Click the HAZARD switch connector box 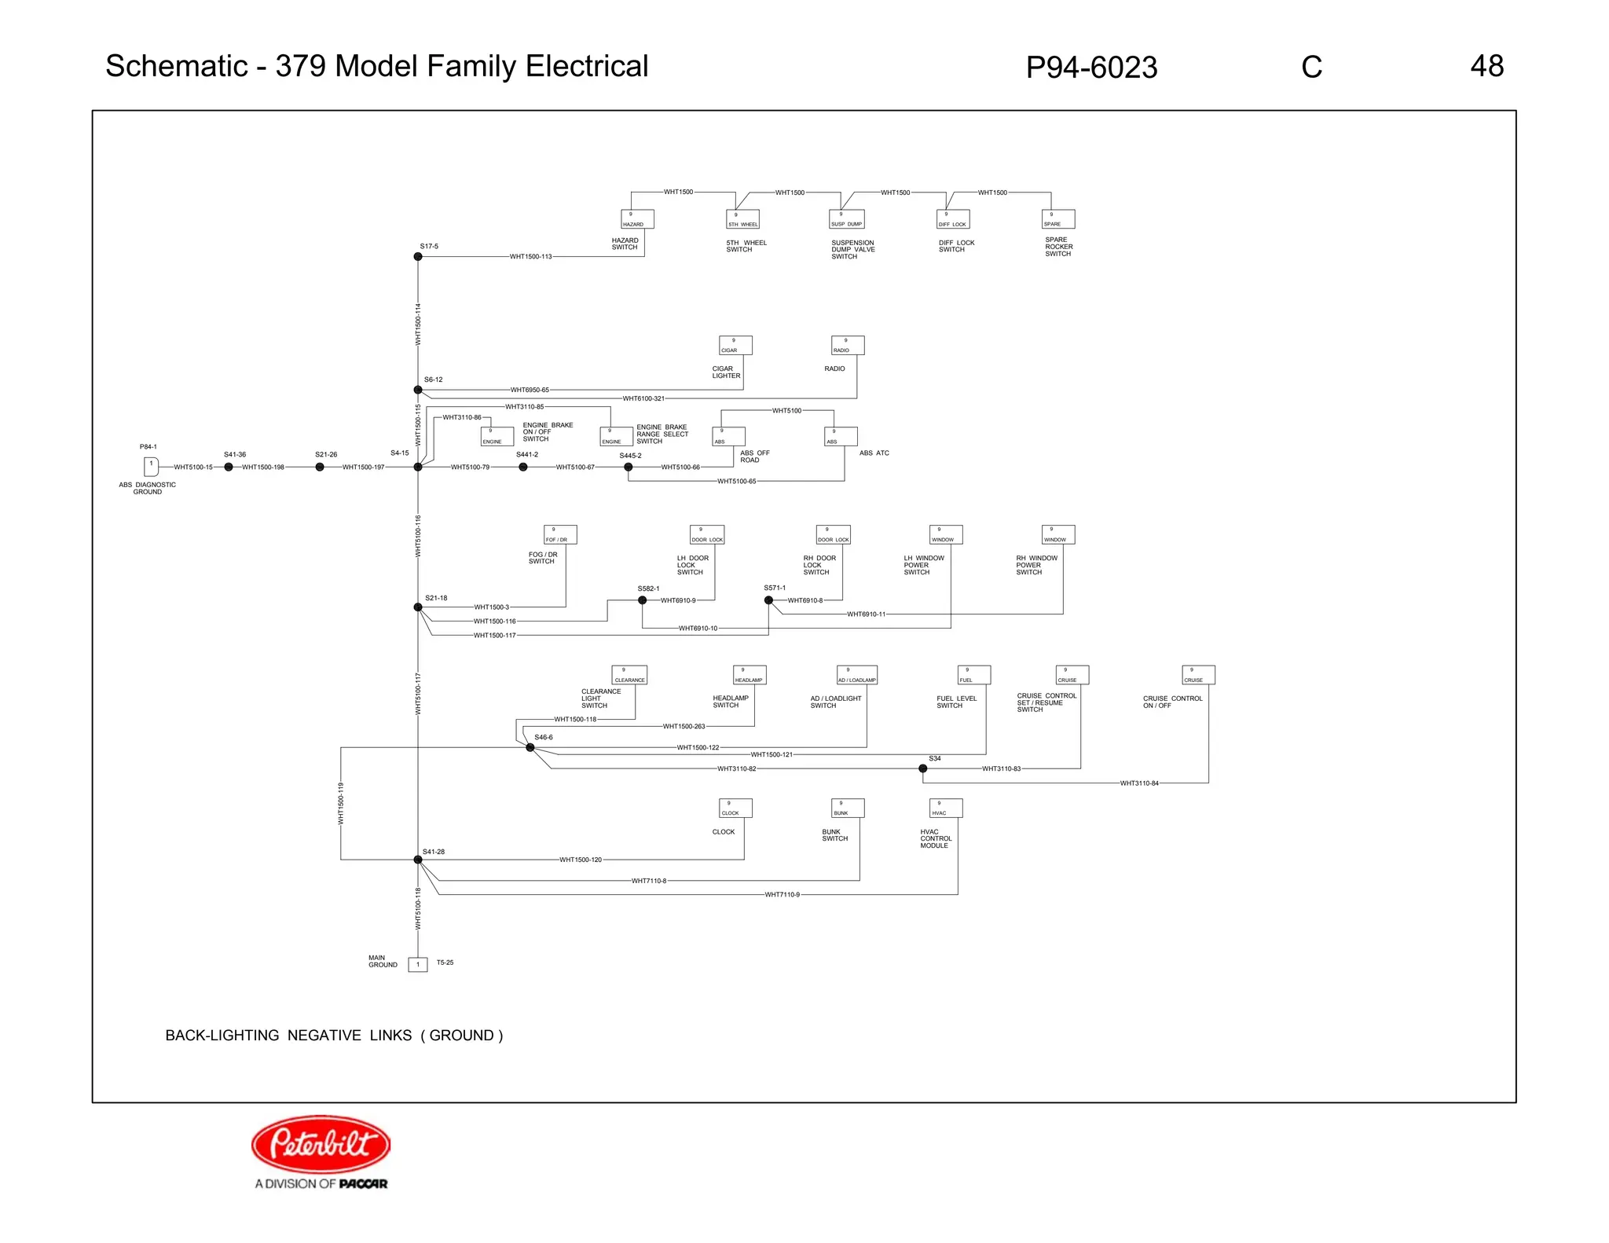pyautogui.click(x=637, y=219)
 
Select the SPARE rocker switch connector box pyautogui.click(x=1057, y=219)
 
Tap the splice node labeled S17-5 pyautogui.click(x=418, y=257)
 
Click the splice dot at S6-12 pyautogui.click(x=418, y=390)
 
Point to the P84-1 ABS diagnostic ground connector pyautogui.click(x=151, y=467)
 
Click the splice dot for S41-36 pyautogui.click(x=229, y=467)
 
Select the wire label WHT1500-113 pyautogui.click(x=530, y=257)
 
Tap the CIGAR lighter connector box pyautogui.click(x=735, y=346)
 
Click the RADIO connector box pyautogui.click(x=848, y=346)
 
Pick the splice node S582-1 pyautogui.click(x=642, y=600)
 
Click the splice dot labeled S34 pyautogui.click(x=922, y=768)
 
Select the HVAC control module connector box pyautogui.click(x=945, y=808)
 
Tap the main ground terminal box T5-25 pyautogui.click(x=418, y=964)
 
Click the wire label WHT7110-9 pyautogui.click(x=782, y=895)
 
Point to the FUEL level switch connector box pyautogui.click(x=973, y=675)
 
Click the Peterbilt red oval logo pyautogui.click(x=321, y=1143)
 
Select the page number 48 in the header pyautogui.click(x=1486, y=66)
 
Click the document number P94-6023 pyautogui.click(x=1091, y=68)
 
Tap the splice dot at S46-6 pyautogui.click(x=530, y=747)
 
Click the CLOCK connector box pyautogui.click(x=735, y=808)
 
